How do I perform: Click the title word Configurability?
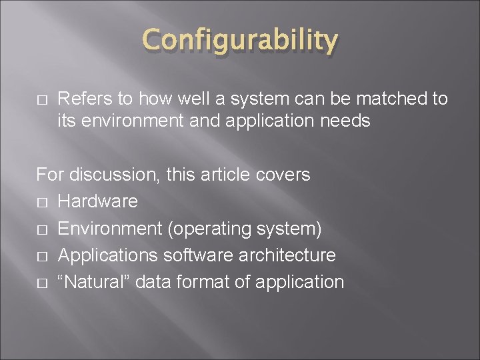(x=239, y=41)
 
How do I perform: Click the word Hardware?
(x=99, y=201)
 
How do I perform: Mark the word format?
(x=197, y=282)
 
